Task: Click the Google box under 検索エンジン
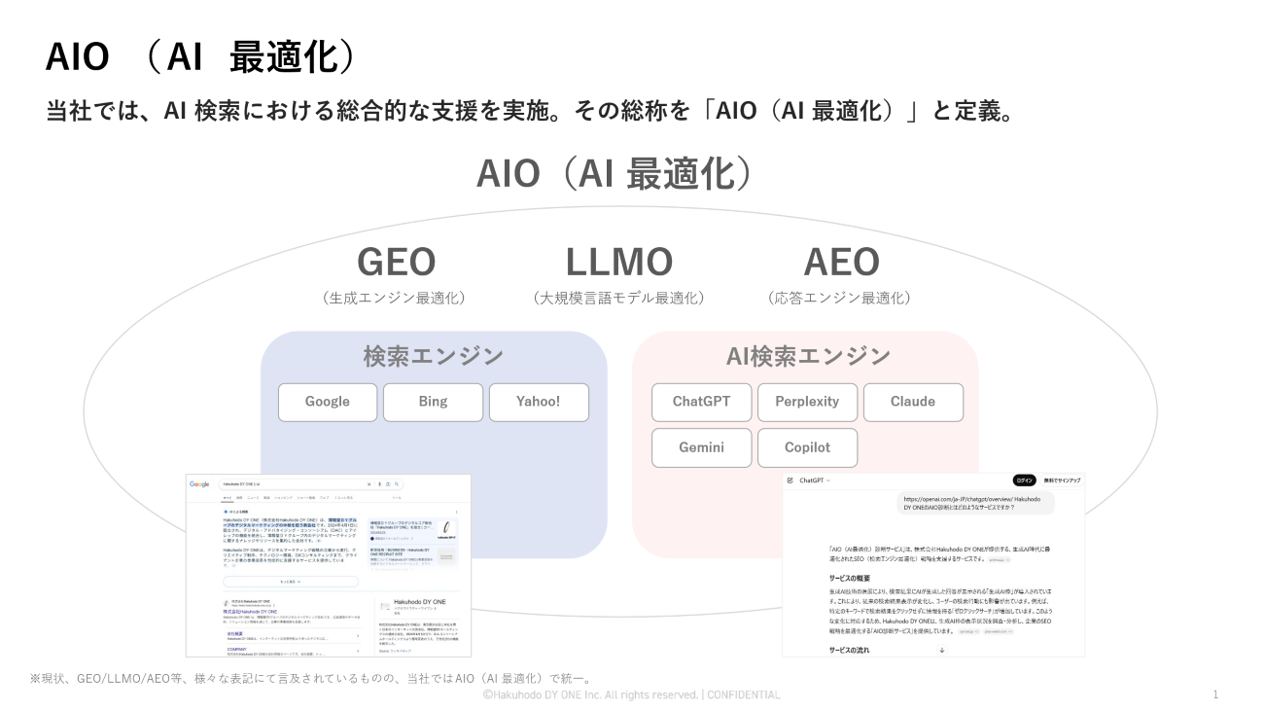[327, 402]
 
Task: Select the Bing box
[433, 402]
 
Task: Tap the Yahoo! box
[539, 402]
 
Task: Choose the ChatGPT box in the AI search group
[701, 402]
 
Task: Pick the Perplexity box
[807, 402]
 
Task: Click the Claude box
[913, 402]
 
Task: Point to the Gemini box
[701, 447]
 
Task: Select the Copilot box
[807, 447]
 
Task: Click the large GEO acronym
[396, 262]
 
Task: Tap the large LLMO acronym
[619, 262]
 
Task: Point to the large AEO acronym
[841, 262]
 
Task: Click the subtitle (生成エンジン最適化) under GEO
[394, 299]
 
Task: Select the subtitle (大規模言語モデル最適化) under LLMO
[619, 299]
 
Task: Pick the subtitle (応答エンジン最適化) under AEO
[839, 299]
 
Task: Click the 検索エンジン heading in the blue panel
[434, 356]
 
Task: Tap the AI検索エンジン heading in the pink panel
[808, 356]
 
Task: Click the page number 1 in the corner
[1215, 694]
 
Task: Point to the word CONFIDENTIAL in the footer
[743, 694]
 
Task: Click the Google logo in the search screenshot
[200, 483]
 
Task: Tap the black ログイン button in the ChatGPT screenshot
[1024, 480]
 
